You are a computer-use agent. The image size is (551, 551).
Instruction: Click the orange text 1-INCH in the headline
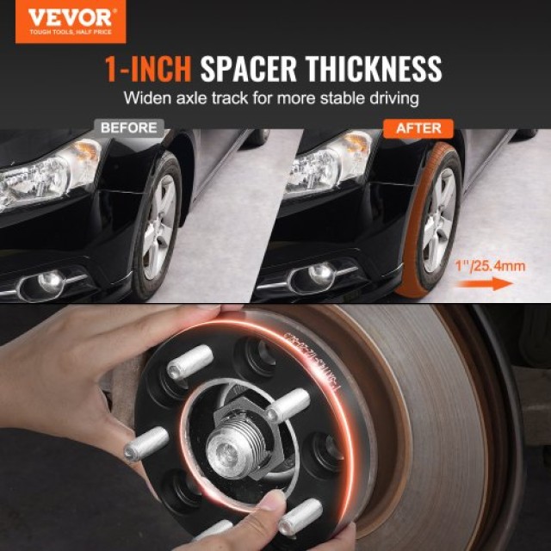point(148,68)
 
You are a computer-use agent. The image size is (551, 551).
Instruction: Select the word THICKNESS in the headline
point(369,68)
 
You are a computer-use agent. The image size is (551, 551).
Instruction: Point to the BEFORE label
point(129,127)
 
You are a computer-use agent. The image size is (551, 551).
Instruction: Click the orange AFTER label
point(418,128)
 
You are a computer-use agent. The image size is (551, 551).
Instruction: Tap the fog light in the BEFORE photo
point(47,280)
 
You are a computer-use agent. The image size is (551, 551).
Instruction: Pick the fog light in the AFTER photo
point(321,275)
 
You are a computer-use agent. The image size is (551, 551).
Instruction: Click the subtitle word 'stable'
point(342,98)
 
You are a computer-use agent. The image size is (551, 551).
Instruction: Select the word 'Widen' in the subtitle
point(145,98)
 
